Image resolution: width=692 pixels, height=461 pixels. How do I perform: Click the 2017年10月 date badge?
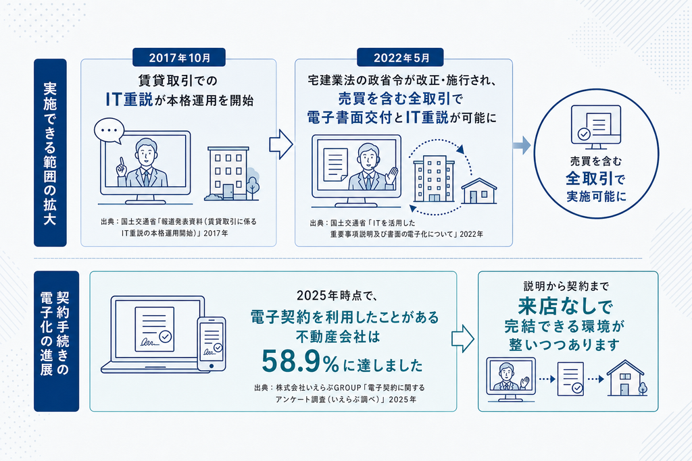(x=178, y=57)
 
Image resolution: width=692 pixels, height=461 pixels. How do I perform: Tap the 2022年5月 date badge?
(x=400, y=57)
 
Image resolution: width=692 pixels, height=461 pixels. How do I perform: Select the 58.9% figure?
(x=301, y=362)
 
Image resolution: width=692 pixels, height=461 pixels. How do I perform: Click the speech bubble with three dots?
(x=109, y=131)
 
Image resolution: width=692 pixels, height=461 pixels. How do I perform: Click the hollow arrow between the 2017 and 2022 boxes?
(x=281, y=144)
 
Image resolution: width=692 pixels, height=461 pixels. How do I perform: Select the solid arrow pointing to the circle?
(x=522, y=145)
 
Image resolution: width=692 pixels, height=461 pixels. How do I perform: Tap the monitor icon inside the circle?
(x=596, y=127)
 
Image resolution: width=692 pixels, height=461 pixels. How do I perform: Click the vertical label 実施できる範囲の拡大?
(x=50, y=153)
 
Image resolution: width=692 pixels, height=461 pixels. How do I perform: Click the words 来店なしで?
(x=565, y=305)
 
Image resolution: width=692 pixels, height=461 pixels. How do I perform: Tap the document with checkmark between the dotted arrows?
(x=571, y=379)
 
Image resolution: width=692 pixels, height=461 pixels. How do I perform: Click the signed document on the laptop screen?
(x=155, y=329)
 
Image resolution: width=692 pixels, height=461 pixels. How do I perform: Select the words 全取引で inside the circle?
(x=595, y=179)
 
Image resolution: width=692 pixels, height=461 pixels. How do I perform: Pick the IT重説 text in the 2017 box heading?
(x=129, y=99)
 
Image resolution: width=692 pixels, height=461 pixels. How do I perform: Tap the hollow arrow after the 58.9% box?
(x=462, y=338)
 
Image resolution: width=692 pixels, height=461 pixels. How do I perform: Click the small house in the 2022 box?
(x=479, y=191)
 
